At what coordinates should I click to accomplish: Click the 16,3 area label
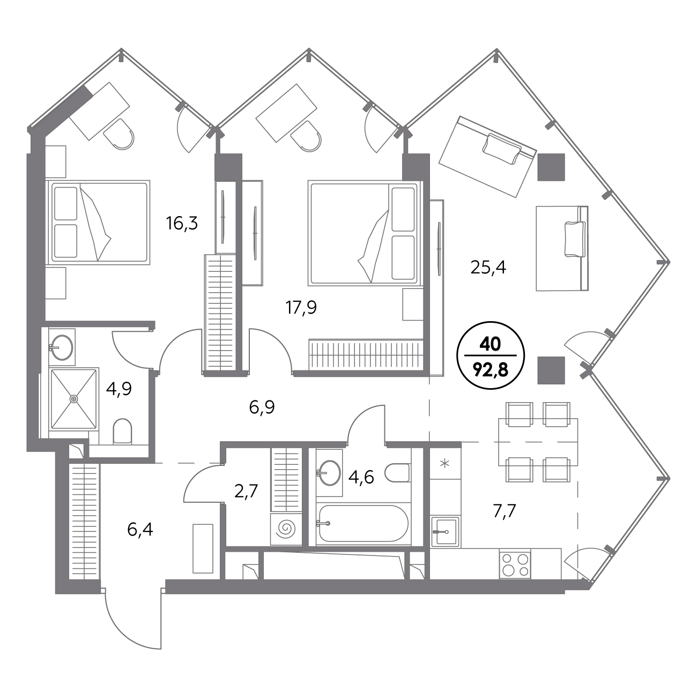(x=182, y=223)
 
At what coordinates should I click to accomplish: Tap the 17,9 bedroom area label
(x=301, y=308)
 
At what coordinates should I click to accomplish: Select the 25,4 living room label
(x=488, y=268)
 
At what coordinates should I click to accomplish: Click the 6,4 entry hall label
(x=140, y=530)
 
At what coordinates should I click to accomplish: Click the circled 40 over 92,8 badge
(x=491, y=355)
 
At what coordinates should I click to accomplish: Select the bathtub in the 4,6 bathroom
(x=364, y=523)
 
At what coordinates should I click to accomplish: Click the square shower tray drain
(x=74, y=399)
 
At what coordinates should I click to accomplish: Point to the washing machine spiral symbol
(x=286, y=529)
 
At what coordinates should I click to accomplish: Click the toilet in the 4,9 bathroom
(x=122, y=431)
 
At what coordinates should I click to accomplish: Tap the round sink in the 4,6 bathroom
(x=329, y=473)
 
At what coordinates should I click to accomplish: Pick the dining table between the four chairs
(x=538, y=442)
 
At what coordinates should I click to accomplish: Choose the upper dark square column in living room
(x=551, y=167)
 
